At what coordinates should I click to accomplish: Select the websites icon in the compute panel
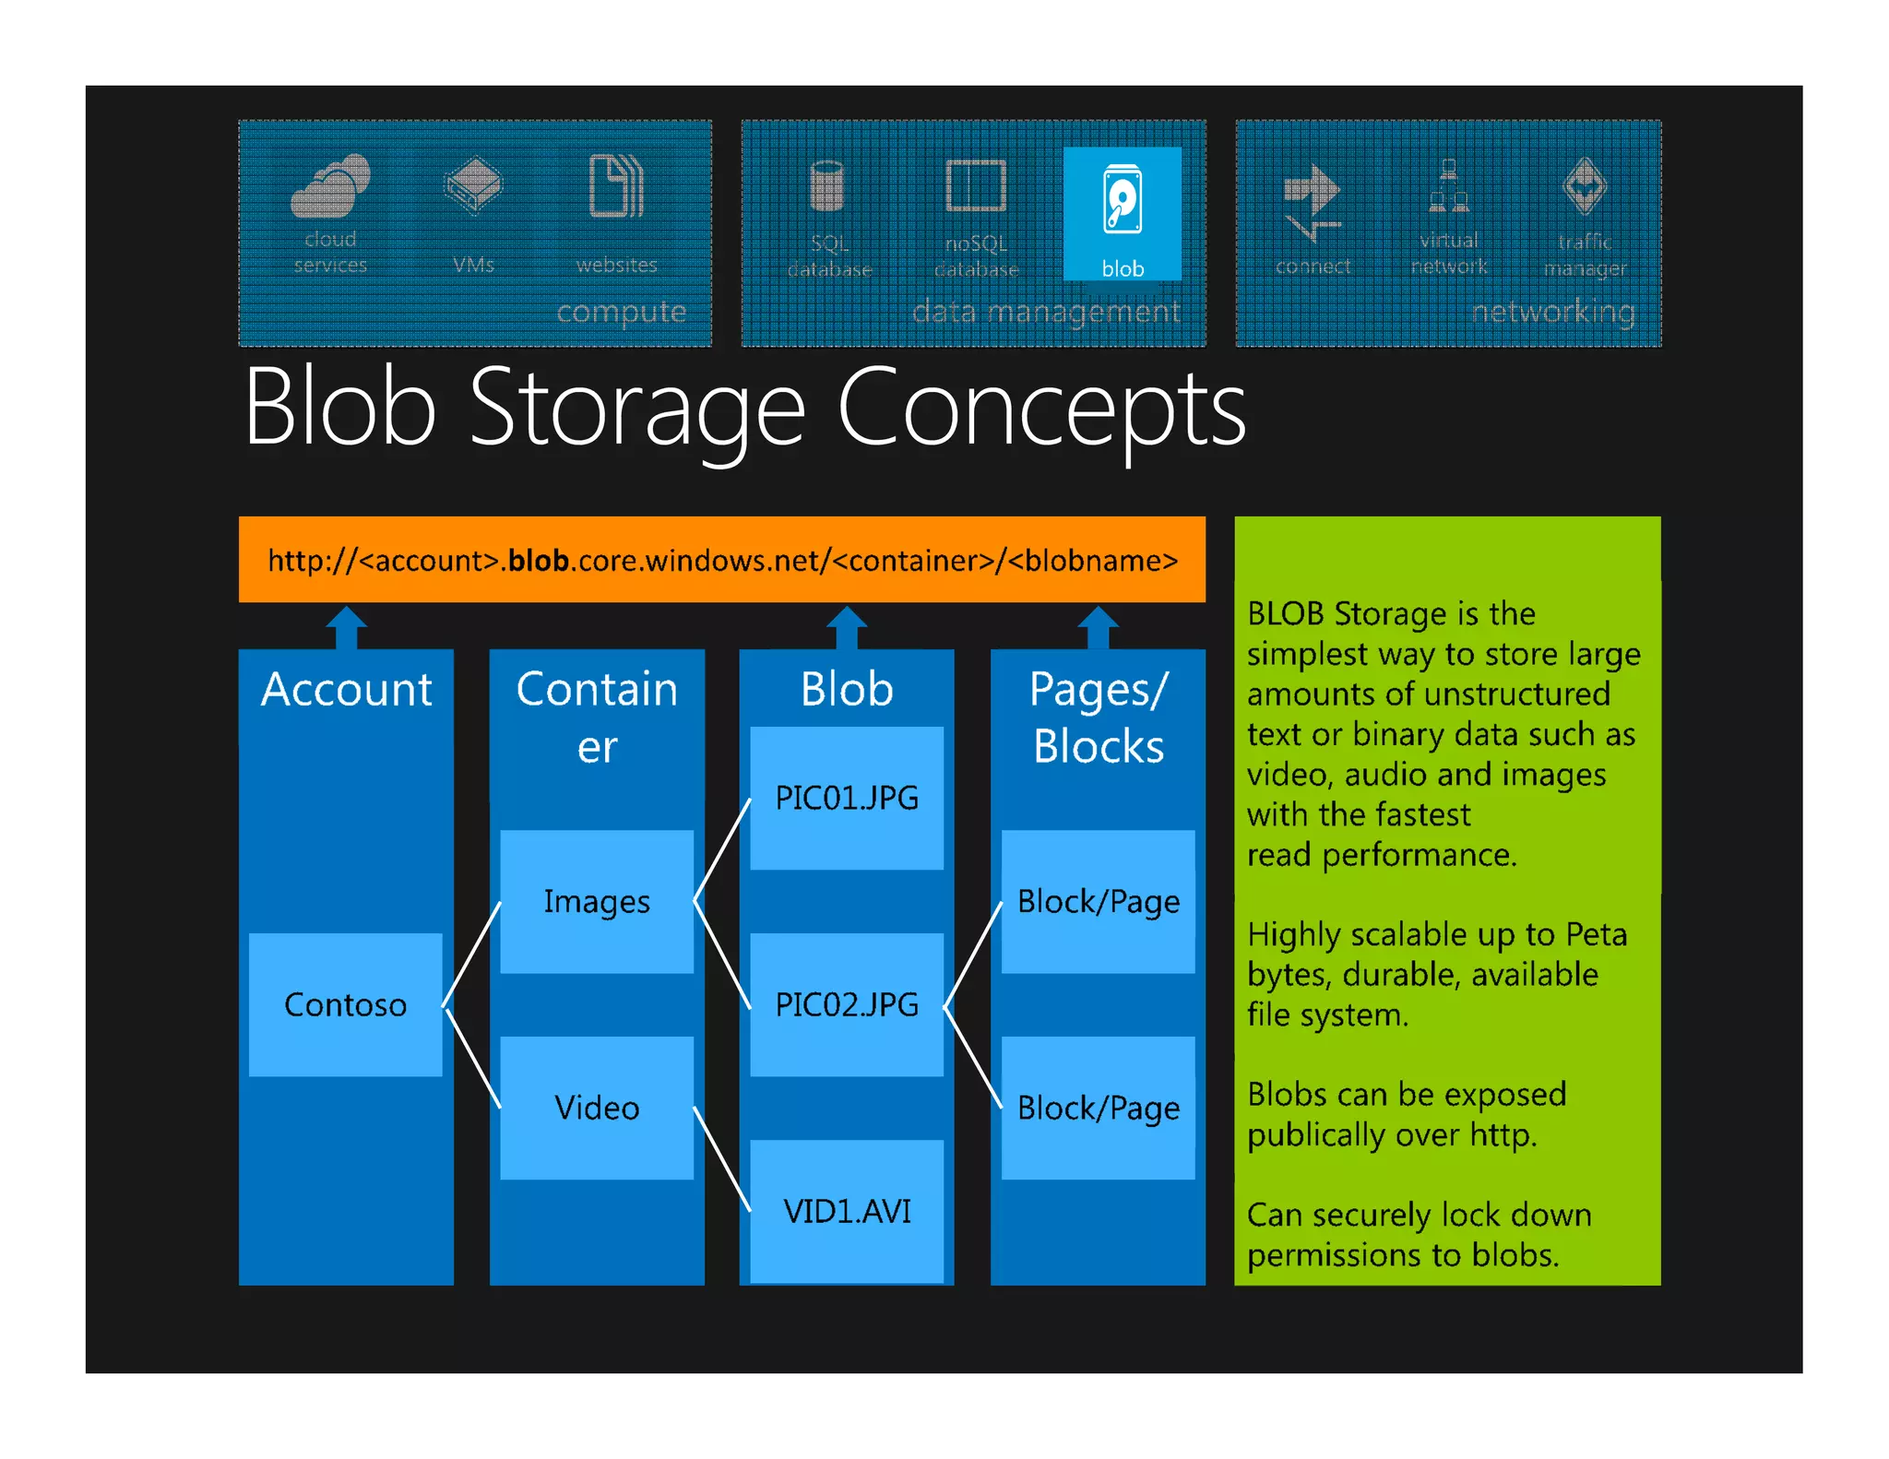point(616,186)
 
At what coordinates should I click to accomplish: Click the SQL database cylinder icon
point(827,186)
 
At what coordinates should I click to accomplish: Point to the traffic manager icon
point(1585,186)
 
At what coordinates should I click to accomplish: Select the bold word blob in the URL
point(538,561)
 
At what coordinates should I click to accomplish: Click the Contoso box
point(346,1004)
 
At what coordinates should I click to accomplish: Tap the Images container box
point(597,901)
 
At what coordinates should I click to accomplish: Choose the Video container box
point(597,1108)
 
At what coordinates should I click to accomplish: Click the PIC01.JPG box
point(847,798)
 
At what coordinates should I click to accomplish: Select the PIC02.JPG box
point(847,1004)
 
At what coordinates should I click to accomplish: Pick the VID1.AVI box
point(847,1211)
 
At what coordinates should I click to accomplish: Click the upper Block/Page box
point(1098,901)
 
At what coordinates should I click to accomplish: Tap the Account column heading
point(347,690)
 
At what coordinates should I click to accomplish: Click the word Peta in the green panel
point(1596,934)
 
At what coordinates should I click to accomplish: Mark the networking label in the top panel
point(1553,312)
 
